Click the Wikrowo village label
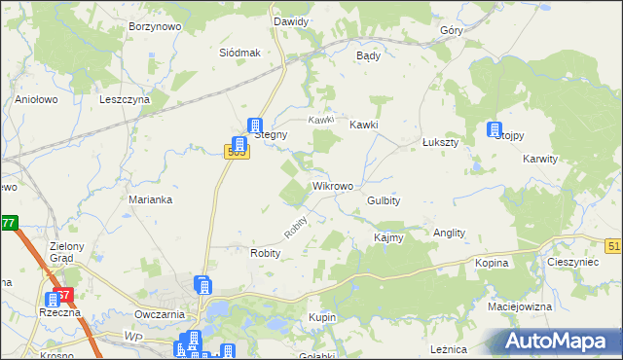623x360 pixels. (332, 185)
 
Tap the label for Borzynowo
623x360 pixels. (155, 27)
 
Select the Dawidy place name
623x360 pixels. (291, 21)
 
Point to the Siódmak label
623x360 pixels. (239, 53)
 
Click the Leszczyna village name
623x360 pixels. (125, 99)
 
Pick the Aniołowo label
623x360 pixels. (38, 99)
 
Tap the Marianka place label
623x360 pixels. (151, 199)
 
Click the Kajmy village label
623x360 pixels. (388, 237)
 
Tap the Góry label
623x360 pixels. (451, 30)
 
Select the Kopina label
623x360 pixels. (493, 264)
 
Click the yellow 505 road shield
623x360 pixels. (235, 151)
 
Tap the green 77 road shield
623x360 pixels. (8, 223)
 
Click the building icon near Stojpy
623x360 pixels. (495, 129)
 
